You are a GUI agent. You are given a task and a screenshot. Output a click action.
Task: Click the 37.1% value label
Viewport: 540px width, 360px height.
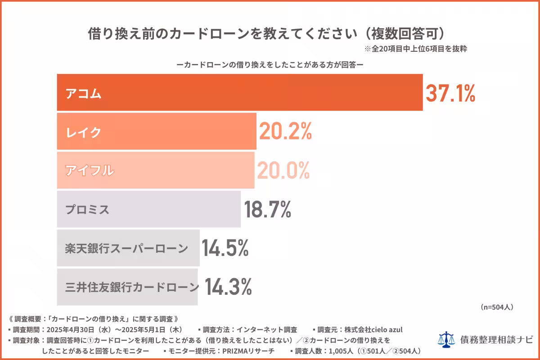450,93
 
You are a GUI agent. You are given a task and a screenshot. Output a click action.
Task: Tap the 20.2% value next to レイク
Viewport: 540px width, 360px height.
285,131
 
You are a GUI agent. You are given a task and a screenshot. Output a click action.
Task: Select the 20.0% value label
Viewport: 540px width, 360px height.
283,170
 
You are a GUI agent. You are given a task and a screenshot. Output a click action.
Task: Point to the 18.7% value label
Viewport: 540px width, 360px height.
267,209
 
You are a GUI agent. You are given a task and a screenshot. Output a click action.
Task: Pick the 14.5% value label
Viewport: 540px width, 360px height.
225,248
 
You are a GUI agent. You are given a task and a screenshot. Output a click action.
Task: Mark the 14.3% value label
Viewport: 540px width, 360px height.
228,287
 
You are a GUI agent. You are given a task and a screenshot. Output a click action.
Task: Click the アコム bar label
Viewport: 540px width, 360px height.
84,94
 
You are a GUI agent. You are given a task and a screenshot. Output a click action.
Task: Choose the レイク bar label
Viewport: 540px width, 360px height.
84,132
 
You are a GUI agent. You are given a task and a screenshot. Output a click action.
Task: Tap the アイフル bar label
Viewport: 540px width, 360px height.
90,171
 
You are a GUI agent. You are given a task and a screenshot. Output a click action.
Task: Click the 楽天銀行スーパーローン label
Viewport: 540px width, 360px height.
126,248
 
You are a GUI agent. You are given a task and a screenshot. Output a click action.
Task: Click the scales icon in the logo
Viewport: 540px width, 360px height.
446,339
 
